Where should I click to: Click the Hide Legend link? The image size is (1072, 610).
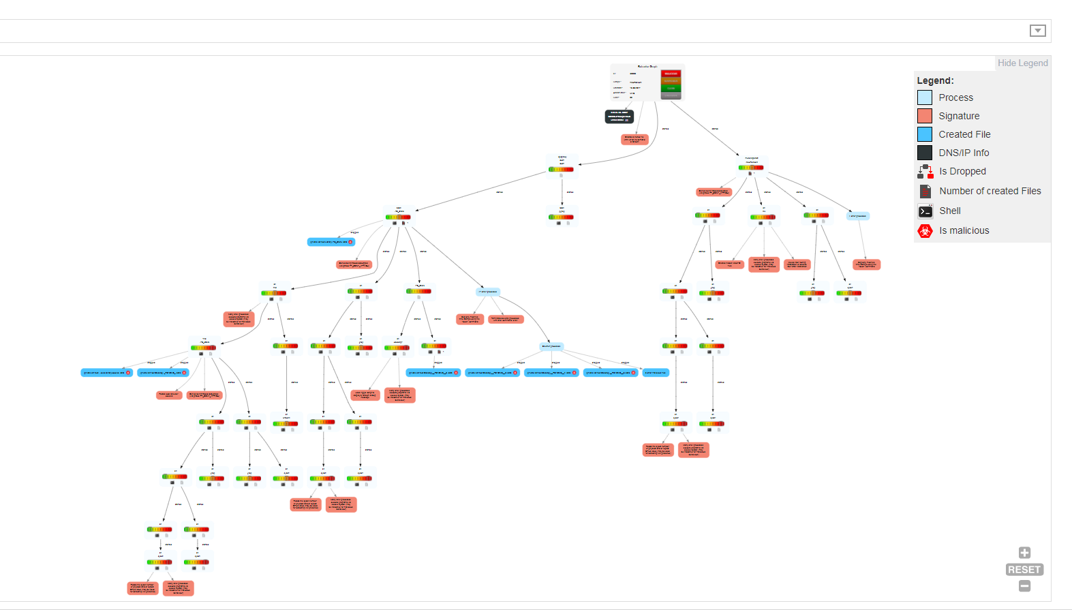pos(1022,63)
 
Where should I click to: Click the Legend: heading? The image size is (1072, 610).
pos(935,80)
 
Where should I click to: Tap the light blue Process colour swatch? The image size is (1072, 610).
pos(925,97)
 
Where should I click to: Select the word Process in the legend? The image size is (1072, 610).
pos(955,97)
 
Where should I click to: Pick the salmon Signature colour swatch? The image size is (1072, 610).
pos(925,116)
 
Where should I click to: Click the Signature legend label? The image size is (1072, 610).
pos(959,116)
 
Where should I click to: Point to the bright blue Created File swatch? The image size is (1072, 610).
pos(925,134)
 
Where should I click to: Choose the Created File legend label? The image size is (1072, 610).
pos(964,134)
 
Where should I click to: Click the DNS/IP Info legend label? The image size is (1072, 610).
pos(964,153)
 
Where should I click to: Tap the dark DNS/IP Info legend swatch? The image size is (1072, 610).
pos(925,153)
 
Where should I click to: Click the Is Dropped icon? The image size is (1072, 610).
pos(925,171)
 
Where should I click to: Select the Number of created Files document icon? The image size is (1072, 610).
pos(925,191)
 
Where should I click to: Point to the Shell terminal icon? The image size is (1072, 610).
pos(925,211)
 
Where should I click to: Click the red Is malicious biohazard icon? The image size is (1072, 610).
pos(925,231)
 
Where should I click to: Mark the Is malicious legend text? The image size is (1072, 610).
pos(964,230)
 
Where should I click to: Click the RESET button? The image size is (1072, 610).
pos(1024,570)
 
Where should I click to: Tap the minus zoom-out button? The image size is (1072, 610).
pos(1024,586)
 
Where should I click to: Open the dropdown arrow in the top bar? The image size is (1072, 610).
pos(1037,31)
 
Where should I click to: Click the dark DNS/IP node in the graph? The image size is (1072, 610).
pos(619,117)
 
